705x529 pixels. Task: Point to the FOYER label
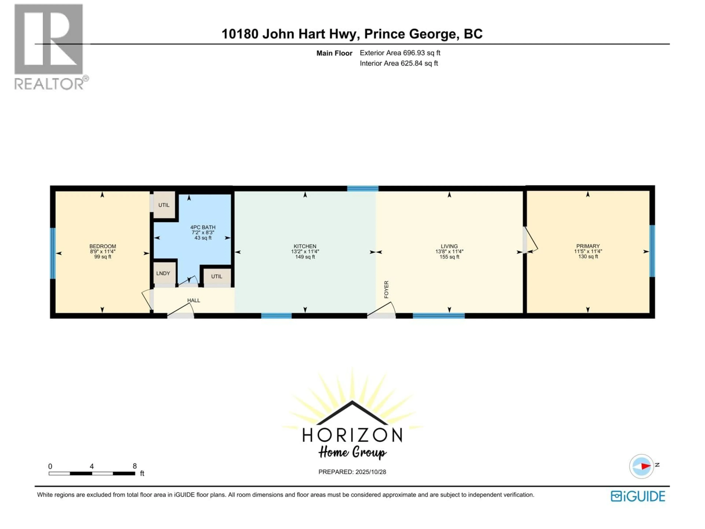coord(386,289)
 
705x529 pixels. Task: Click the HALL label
coord(194,300)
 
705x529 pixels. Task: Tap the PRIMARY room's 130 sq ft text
coord(588,257)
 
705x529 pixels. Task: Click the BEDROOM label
coord(103,246)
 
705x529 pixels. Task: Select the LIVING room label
coord(449,246)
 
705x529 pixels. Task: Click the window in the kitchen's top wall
coord(363,188)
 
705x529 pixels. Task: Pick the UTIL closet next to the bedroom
coord(164,205)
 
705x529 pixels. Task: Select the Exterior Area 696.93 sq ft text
coord(400,53)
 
